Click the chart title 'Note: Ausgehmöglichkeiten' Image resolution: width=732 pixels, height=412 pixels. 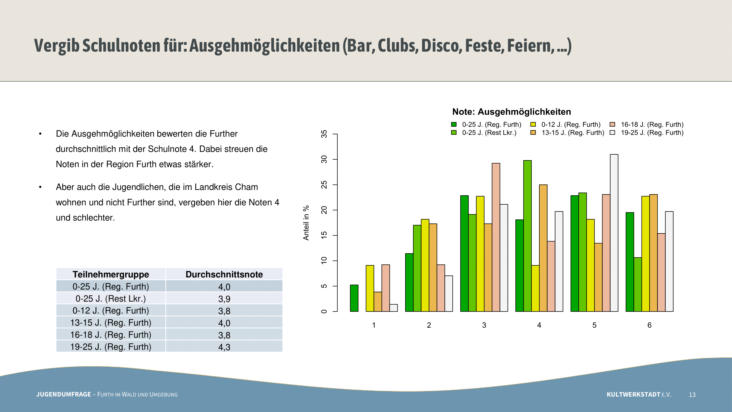pos(512,112)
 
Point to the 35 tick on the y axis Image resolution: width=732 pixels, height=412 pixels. pos(324,134)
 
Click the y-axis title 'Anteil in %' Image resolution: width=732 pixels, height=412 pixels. pos(306,223)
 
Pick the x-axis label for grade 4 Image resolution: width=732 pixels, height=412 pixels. pos(539,325)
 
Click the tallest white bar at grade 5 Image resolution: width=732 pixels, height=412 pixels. pos(614,233)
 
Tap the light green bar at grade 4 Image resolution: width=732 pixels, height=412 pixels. pos(528,236)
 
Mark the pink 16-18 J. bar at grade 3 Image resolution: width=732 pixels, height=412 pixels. pos(496,237)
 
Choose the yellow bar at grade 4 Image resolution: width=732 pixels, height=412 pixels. pos(535,288)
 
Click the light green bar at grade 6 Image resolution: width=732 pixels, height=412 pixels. pos(638,284)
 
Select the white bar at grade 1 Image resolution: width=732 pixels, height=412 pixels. pos(394,308)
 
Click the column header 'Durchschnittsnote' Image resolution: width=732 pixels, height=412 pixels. pos(224,274)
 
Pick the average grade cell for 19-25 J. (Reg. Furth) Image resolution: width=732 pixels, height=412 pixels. pos(224,347)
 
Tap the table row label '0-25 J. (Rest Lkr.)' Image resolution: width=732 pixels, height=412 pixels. pos(111,299)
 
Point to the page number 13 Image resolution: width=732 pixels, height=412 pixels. pos(692,395)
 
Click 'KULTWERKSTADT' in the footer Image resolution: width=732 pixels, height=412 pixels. pos(633,394)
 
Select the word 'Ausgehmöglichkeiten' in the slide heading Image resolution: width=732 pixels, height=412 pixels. pos(265,46)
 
